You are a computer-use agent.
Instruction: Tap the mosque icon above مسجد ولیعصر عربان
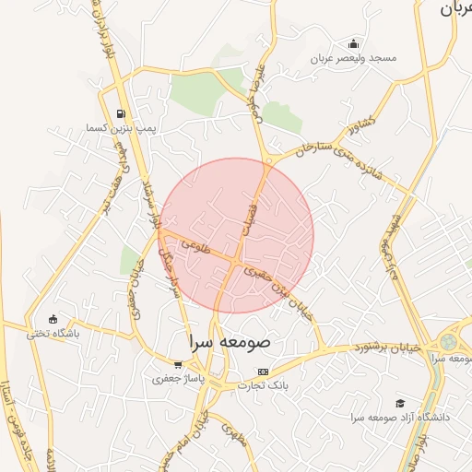353,43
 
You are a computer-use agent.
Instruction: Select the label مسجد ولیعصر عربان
353,58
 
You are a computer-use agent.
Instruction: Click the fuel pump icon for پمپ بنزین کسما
121,114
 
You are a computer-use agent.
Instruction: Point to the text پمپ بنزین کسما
121,128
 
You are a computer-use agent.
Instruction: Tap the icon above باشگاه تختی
53,319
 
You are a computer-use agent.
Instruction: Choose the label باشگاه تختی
53,333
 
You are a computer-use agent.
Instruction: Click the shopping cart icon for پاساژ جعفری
177,365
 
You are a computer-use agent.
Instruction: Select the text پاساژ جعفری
173,378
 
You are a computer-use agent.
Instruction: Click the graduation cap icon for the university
400,403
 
